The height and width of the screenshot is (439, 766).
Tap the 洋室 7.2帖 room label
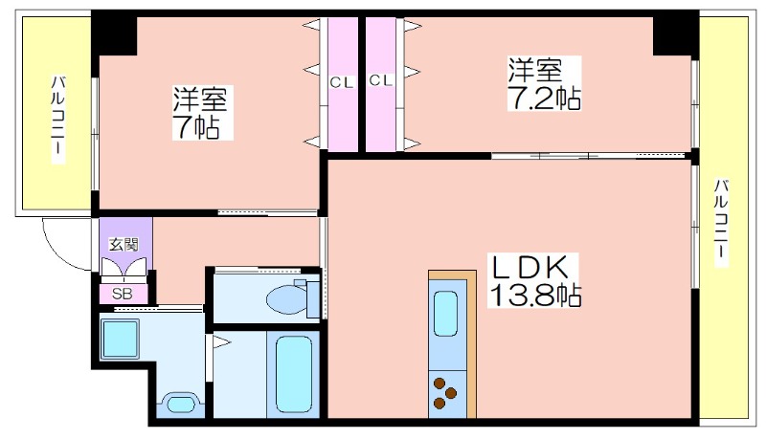pyautogui.click(x=544, y=83)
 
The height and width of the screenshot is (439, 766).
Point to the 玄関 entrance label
pyautogui.click(x=124, y=244)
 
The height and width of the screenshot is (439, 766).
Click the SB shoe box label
pyautogui.click(x=123, y=295)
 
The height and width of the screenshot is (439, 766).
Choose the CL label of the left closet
pyautogui.click(x=342, y=82)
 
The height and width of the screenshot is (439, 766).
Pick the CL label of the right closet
pyautogui.click(x=381, y=80)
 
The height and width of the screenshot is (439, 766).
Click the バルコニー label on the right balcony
pyautogui.click(x=722, y=223)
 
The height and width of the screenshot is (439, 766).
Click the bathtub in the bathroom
pyautogui.click(x=294, y=375)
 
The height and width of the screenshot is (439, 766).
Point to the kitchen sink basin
pyautogui.click(x=445, y=314)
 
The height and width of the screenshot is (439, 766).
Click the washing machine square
pyautogui.click(x=120, y=339)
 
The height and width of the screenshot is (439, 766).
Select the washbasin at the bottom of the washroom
pyautogui.click(x=181, y=404)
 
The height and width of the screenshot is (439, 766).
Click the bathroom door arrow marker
pyautogui.click(x=221, y=342)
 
